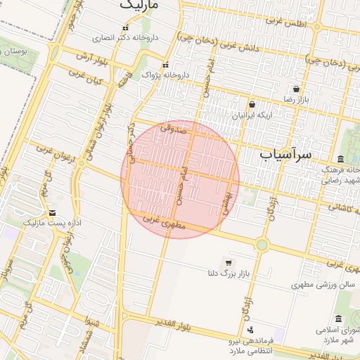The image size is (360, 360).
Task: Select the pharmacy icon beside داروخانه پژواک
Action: coord(166,63)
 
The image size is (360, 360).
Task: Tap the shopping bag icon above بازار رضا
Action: coord(297,89)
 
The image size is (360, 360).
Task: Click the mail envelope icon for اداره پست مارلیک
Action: coord(52,212)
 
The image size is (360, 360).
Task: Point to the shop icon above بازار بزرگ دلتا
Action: coord(228,262)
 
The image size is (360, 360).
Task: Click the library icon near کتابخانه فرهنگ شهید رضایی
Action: coord(341,158)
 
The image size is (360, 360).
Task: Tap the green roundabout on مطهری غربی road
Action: coord(262,245)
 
